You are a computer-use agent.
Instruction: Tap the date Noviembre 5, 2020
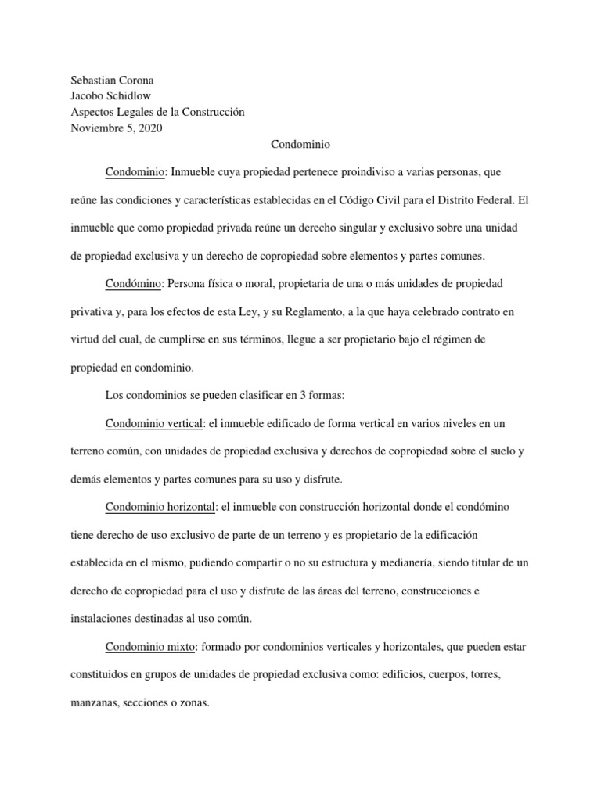coord(117,128)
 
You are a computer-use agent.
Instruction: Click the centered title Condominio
coord(300,145)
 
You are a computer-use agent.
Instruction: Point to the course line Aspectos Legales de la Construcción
coord(157,112)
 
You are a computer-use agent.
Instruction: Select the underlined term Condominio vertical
coord(154,424)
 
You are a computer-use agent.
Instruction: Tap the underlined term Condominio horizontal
coord(160,507)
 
